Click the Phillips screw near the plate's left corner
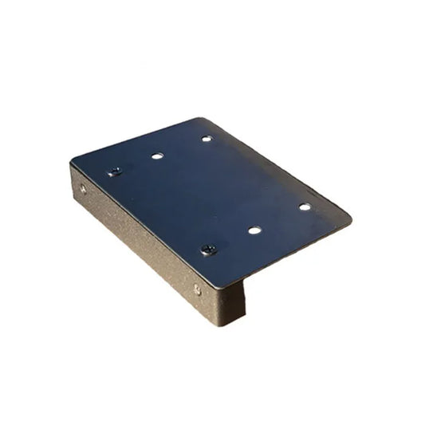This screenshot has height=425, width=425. (115, 171)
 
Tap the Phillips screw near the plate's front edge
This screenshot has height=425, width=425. (208, 250)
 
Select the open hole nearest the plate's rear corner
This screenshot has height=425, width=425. (207, 139)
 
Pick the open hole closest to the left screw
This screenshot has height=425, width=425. (157, 155)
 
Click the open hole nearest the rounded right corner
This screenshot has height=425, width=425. (305, 207)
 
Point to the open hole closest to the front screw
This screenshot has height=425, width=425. (254, 230)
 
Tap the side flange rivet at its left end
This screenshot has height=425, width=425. (83, 190)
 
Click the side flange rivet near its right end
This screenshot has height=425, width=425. (197, 289)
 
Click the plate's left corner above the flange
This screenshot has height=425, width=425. (72, 161)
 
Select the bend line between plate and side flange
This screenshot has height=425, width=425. (144, 224)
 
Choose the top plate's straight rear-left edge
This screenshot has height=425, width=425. (136, 140)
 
